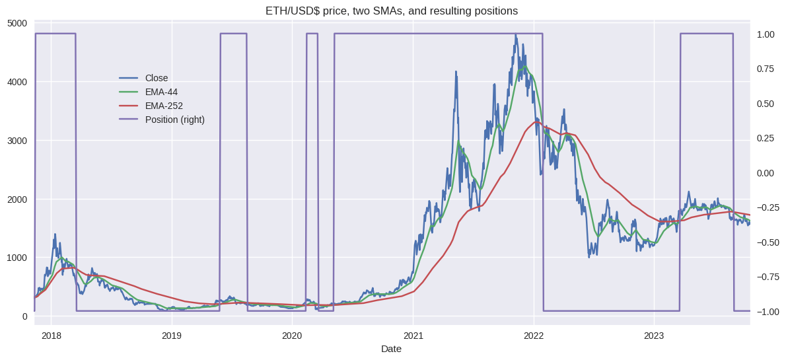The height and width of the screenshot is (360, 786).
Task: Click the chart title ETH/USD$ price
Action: pos(391,11)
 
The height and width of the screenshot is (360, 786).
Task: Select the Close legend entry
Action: pos(157,78)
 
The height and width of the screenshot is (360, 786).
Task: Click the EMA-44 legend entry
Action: pos(161,92)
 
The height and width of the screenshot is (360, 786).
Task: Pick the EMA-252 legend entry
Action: pos(164,106)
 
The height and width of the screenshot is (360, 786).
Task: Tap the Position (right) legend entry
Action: pos(174,120)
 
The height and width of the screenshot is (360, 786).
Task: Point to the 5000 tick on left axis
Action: pos(17,24)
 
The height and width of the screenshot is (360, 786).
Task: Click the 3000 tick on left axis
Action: pos(17,141)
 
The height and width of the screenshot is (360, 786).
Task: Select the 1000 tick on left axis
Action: pos(17,258)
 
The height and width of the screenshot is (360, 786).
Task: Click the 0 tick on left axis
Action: pos(24,316)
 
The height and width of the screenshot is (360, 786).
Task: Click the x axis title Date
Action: pos(391,349)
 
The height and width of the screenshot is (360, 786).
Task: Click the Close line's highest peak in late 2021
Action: pos(516,35)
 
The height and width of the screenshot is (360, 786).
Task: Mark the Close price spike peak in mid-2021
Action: pos(456,72)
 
